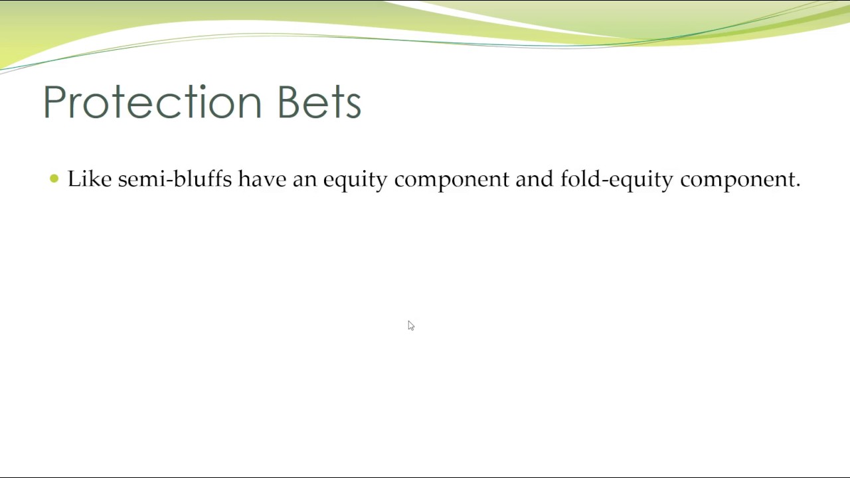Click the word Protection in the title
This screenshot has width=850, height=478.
[153, 103]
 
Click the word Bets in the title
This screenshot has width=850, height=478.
[319, 103]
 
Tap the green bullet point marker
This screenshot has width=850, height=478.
[54, 179]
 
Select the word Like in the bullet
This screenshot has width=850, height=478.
[89, 179]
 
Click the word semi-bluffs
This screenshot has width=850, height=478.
[175, 179]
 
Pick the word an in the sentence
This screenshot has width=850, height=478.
[304, 181]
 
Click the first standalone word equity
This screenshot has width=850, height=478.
[355, 181]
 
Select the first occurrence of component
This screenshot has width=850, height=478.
[451, 181]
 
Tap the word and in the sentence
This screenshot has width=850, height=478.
[534, 179]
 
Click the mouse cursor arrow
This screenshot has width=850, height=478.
[410, 325]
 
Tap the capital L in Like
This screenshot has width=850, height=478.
[72, 179]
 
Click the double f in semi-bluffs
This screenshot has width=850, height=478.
[217, 179]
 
